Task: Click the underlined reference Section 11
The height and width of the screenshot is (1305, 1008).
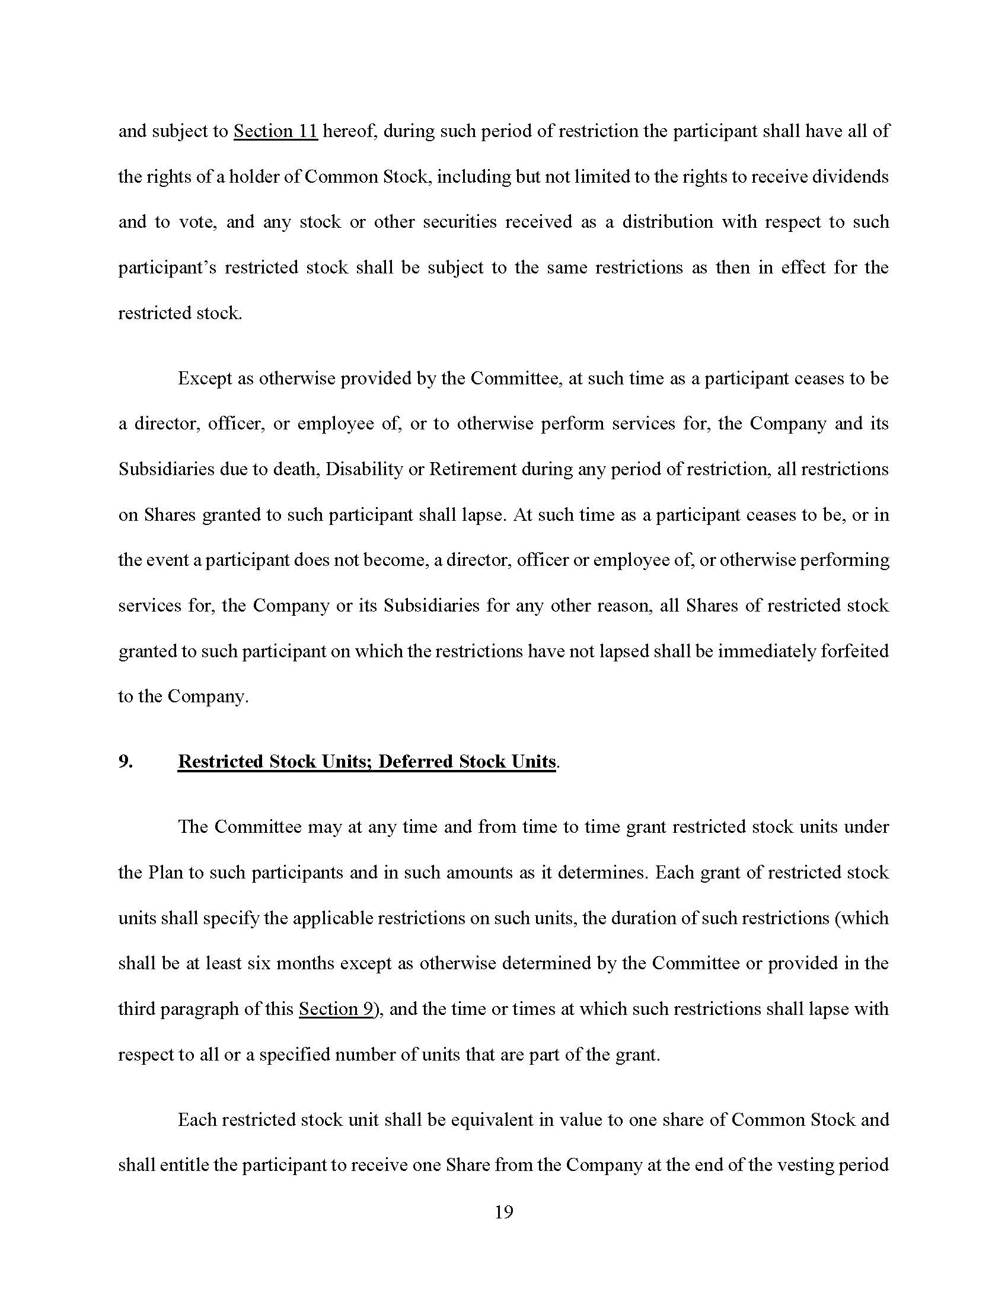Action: [275, 132]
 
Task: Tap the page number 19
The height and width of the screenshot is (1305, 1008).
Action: [504, 1212]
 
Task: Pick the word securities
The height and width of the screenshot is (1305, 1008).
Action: [459, 222]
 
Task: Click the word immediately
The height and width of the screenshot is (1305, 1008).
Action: [766, 651]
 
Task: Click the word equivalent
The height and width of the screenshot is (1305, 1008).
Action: [492, 1120]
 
